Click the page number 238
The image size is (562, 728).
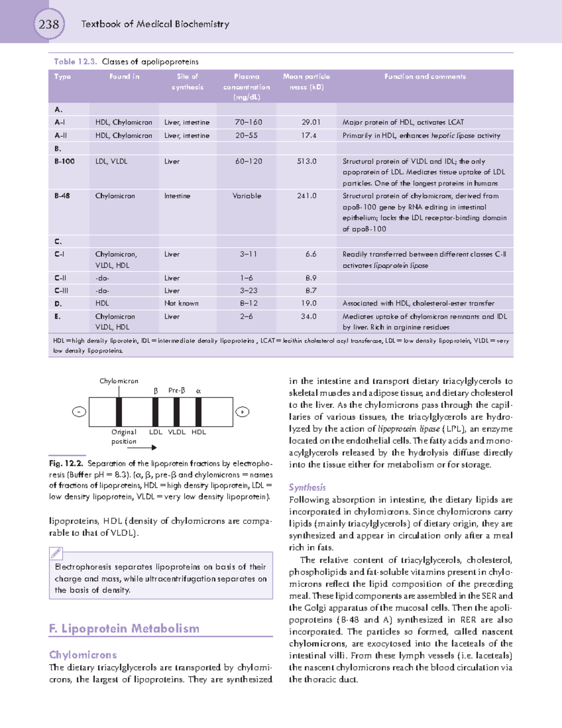tap(49, 24)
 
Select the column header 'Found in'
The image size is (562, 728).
tap(124, 76)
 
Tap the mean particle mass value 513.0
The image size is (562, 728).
tap(306, 161)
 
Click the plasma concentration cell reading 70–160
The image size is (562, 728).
tap(248, 122)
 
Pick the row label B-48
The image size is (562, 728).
tap(62, 196)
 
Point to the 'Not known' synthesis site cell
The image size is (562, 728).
tap(181, 304)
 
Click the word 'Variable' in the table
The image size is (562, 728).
tap(247, 196)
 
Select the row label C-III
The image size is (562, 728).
tap(61, 290)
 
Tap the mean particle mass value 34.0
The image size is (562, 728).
tap(308, 317)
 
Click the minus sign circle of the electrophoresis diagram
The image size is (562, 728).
tap(79, 412)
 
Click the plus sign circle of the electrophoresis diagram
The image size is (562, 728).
tap(242, 412)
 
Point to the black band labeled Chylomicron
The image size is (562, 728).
tap(119, 412)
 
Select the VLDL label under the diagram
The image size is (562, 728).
tap(177, 432)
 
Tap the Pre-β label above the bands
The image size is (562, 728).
tap(177, 390)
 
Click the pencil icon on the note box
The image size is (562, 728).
tap(56, 553)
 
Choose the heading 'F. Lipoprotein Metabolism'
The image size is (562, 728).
tap(124, 628)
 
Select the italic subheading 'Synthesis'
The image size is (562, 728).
tap(307, 487)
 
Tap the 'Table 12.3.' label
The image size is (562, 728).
tap(75, 61)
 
